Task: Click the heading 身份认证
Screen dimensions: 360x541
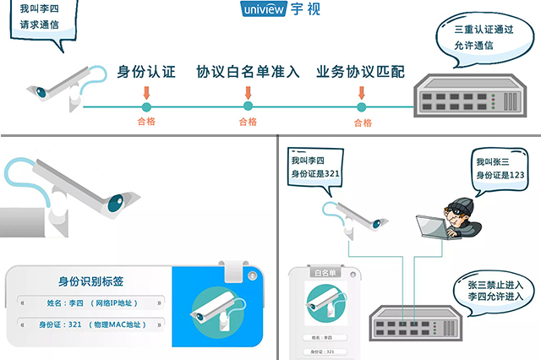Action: [146, 72]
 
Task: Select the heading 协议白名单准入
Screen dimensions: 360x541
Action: [248, 72]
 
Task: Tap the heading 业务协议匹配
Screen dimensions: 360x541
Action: [360, 72]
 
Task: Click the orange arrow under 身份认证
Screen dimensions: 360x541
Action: [146, 91]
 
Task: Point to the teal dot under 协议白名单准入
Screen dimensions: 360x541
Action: [248, 106]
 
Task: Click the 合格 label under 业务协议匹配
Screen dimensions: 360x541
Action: [362, 123]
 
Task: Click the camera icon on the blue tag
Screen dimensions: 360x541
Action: [215, 307]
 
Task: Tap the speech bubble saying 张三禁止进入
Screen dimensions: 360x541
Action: [490, 290]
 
